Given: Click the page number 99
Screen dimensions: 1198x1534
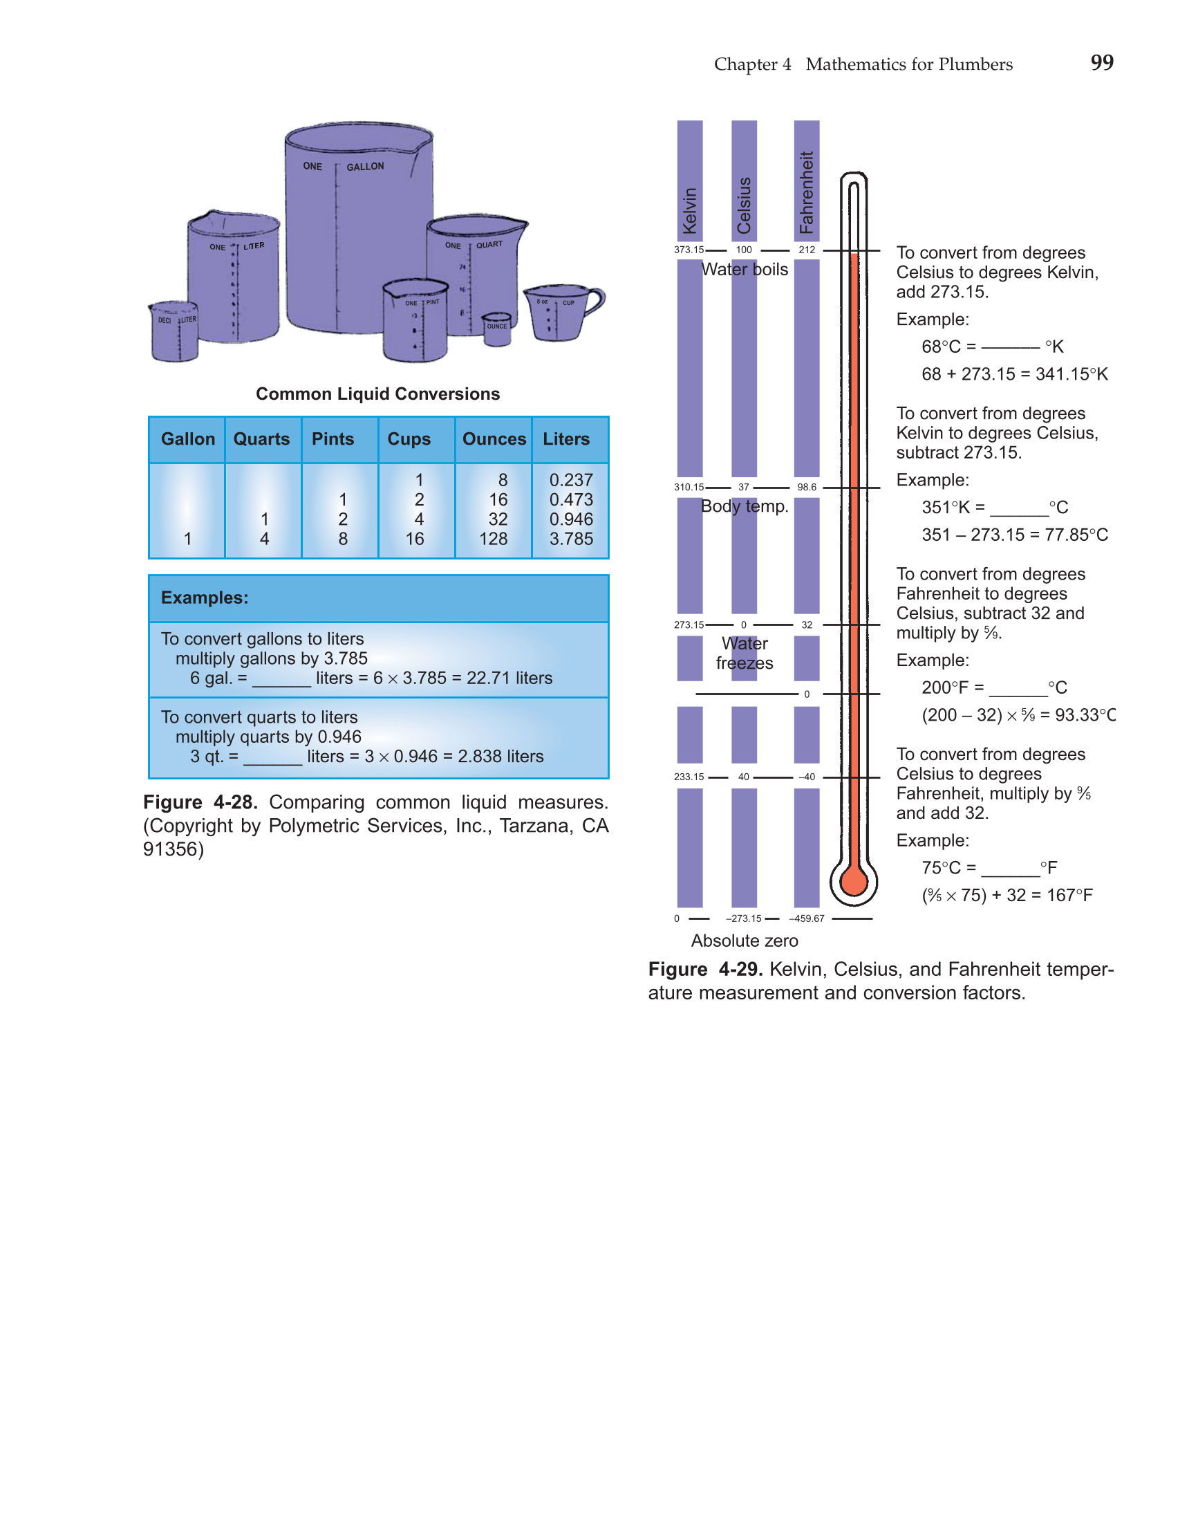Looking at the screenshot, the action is (x=1102, y=63).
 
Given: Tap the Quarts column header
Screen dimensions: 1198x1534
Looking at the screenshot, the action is (x=261, y=439).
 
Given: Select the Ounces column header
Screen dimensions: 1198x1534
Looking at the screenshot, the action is (x=494, y=439).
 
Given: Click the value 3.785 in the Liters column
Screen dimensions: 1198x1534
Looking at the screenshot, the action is (x=571, y=539).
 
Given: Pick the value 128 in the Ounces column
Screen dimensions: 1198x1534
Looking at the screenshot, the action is (x=494, y=539).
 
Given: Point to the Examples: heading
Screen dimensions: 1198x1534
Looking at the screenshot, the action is (x=205, y=598).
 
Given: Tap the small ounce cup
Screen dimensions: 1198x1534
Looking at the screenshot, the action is (x=497, y=329).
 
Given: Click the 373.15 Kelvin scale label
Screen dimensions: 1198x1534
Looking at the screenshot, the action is (x=689, y=250).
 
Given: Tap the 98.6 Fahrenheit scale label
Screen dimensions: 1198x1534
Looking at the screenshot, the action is (x=807, y=487).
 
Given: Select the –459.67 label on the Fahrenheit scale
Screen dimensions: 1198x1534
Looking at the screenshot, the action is (x=807, y=918).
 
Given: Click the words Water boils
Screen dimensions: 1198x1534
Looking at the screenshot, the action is (x=745, y=270).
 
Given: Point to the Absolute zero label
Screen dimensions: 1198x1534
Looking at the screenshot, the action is (x=745, y=941).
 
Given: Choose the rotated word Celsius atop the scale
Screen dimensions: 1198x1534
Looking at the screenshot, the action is (x=745, y=205).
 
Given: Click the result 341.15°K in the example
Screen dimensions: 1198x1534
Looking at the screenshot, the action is (x=1071, y=374).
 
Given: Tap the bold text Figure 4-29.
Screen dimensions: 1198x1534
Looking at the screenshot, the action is (x=705, y=969).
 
